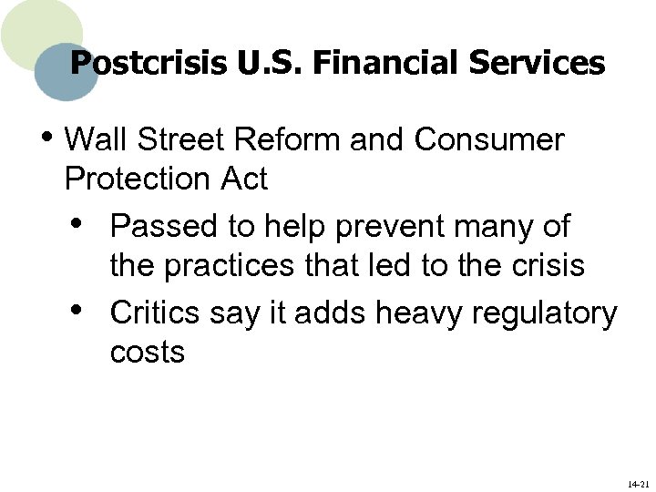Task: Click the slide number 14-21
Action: point(638,484)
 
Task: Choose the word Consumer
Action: point(489,140)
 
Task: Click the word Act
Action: point(244,179)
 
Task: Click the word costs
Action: point(147,353)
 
